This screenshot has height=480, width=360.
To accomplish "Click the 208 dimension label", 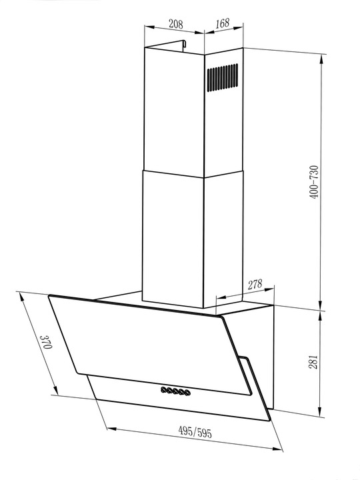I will coord(175,24).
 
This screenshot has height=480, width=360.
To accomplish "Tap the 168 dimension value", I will coord(222,24).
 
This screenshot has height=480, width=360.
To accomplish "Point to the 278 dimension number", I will coord(255,285).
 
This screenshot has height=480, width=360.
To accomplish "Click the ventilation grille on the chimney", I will coord(221,78).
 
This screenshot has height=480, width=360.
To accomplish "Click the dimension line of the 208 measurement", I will coord(175,32).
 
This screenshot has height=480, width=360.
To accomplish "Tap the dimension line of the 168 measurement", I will coord(223,32).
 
